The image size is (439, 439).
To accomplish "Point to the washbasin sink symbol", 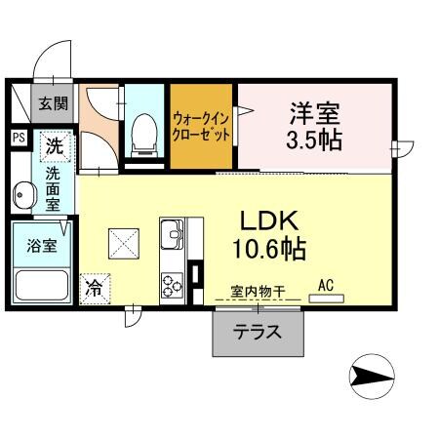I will click(x=23, y=196).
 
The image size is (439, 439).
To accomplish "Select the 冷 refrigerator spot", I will click(x=96, y=287).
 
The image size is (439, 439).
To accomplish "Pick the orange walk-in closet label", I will click(x=201, y=128).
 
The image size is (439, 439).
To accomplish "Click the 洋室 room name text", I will click(x=313, y=110).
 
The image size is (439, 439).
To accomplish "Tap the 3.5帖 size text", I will click(x=313, y=140).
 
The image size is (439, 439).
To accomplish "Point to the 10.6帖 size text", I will click(x=268, y=249).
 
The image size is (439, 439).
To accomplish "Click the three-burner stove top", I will click(x=173, y=284).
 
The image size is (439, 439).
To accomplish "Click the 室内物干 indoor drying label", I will click(x=258, y=291).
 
